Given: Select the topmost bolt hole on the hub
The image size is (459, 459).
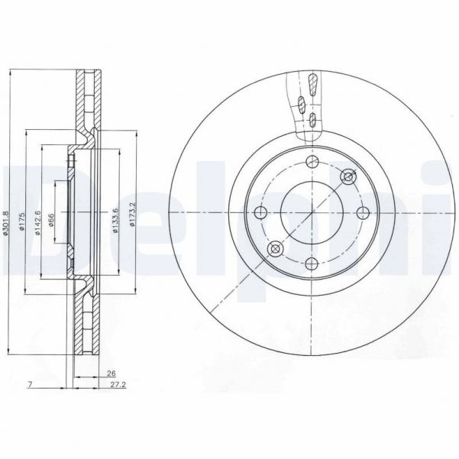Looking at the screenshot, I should [x=311, y=161].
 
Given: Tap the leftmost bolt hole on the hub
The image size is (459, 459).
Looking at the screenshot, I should [x=260, y=212].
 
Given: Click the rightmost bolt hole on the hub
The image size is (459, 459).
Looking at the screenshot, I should [x=361, y=212].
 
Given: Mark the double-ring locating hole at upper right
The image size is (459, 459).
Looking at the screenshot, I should [x=348, y=176].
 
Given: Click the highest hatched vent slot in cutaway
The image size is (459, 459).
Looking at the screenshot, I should [x=309, y=82].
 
